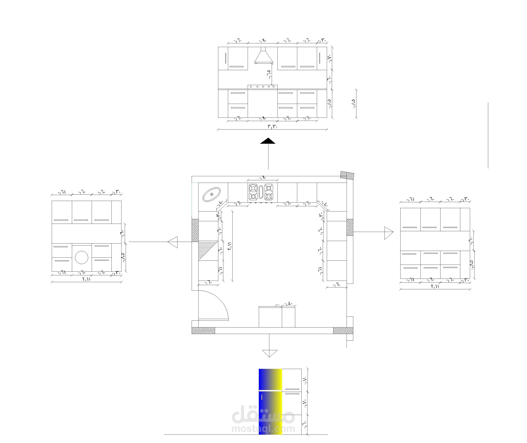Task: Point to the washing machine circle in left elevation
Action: pyautogui.click(x=82, y=257)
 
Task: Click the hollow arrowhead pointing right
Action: pyautogui.click(x=388, y=233)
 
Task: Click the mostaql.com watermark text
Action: pyautogui.click(x=263, y=429)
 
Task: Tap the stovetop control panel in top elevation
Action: pyautogui.click(x=263, y=87)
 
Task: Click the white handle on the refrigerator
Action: pyautogui.click(x=262, y=397)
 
